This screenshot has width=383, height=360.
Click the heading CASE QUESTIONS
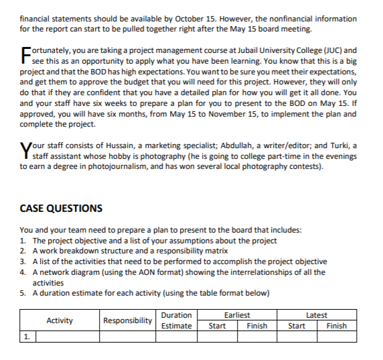pyautogui.click(x=61, y=208)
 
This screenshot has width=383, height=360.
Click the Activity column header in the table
pyautogui.click(x=60, y=320)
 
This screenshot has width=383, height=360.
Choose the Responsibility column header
pyautogui.click(x=127, y=320)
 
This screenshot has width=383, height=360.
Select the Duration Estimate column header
pyautogui.click(x=177, y=320)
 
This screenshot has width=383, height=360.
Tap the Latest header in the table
pyautogui.click(x=316, y=315)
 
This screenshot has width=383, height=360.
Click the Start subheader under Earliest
pyautogui.click(x=217, y=326)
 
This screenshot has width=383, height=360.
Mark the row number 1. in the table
pyautogui.click(x=27, y=337)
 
